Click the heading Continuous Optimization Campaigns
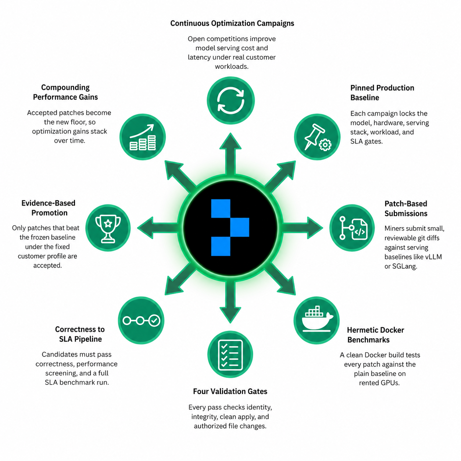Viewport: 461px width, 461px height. point(232,24)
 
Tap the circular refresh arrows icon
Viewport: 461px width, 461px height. point(230,100)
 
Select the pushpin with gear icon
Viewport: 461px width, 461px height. point(317,137)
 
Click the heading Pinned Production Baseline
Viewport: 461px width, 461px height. point(382,93)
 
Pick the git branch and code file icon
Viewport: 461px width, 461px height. point(352,228)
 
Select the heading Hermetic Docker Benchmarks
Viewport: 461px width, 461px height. point(375,335)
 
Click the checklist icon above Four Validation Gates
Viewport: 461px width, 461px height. point(230,354)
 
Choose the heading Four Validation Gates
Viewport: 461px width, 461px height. point(230,392)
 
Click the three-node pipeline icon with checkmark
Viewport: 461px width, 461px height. point(141,320)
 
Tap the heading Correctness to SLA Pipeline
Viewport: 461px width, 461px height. point(80,334)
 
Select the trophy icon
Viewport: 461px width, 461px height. point(108,228)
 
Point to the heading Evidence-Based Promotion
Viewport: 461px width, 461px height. point(48,208)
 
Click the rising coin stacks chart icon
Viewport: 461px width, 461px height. point(143,137)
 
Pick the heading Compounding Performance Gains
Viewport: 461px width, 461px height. point(65,92)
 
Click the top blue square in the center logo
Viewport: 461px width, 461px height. point(221,208)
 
